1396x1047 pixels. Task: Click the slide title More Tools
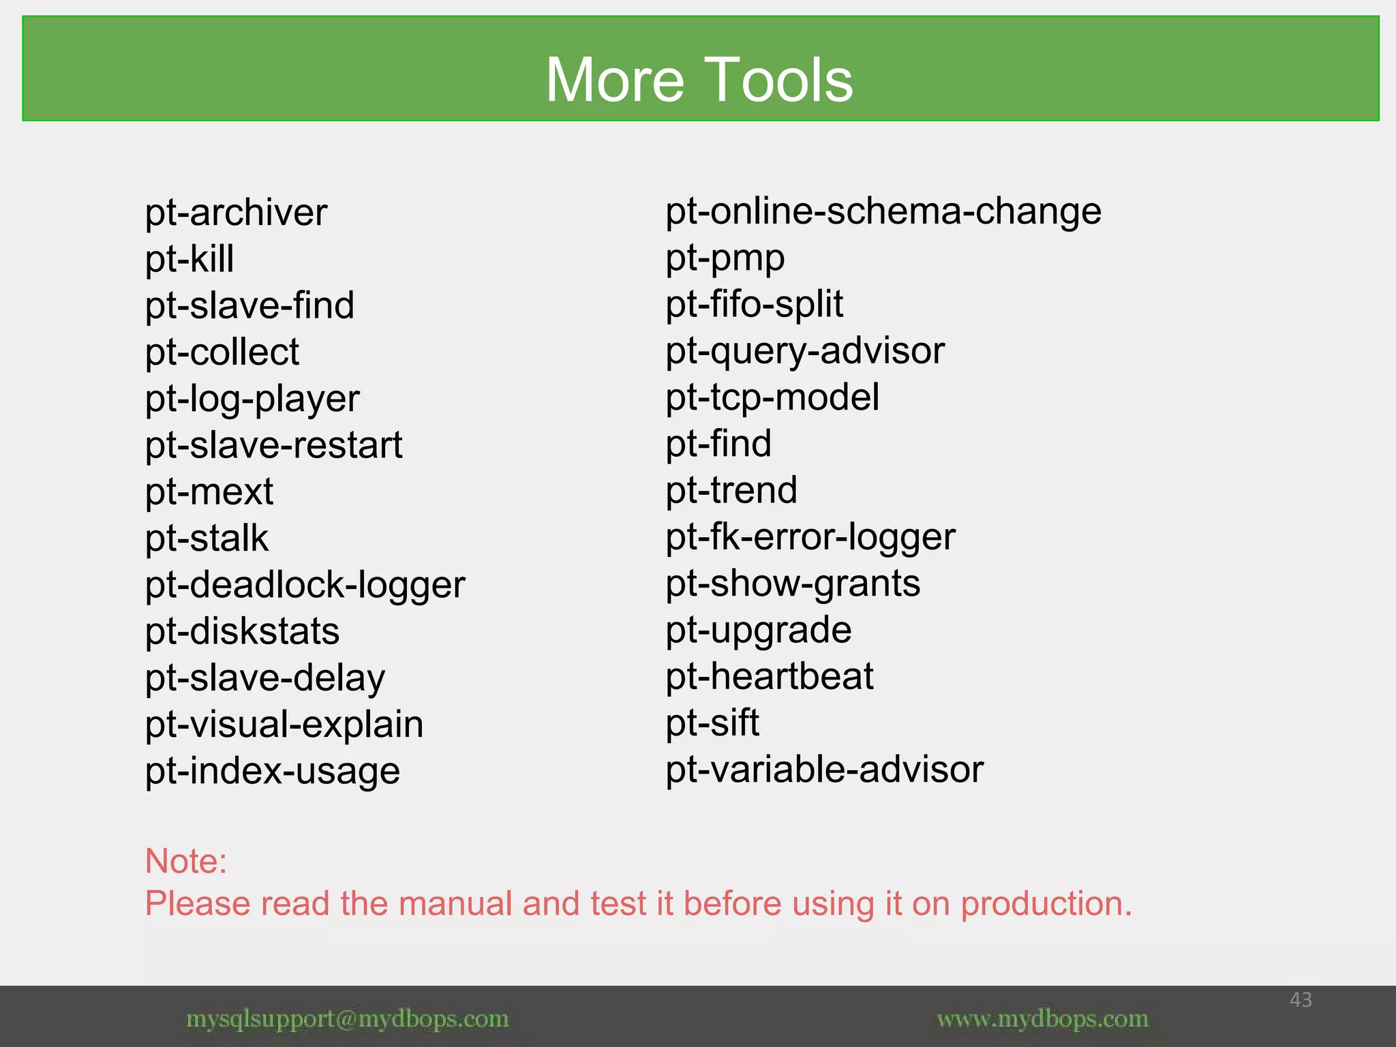pos(699,80)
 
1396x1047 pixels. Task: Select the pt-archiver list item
pos(236,213)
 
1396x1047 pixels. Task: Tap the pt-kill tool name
pos(189,260)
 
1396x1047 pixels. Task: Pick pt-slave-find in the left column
pos(249,306)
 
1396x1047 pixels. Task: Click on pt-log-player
pos(252,399)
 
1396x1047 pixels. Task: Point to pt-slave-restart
pos(273,446)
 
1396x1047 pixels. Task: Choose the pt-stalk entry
pos(207,538)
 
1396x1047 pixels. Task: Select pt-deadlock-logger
pos(305,586)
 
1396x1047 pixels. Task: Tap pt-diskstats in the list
pos(242,632)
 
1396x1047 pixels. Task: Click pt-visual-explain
pos(284,725)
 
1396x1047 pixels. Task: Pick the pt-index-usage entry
pos(273,772)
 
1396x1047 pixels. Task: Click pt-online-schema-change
pos(883,212)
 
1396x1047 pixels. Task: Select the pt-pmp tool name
pos(725,258)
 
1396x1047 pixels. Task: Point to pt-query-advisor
pos(805,352)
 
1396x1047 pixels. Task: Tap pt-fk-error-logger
pos(810,537)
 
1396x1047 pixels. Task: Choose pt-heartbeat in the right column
pos(770,677)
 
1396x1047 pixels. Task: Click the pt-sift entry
pos(712,723)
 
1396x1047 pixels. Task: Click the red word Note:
pos(186,861)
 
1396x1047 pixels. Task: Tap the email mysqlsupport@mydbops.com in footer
pos(348,1019)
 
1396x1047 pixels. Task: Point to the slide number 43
pos(1301,1000)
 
